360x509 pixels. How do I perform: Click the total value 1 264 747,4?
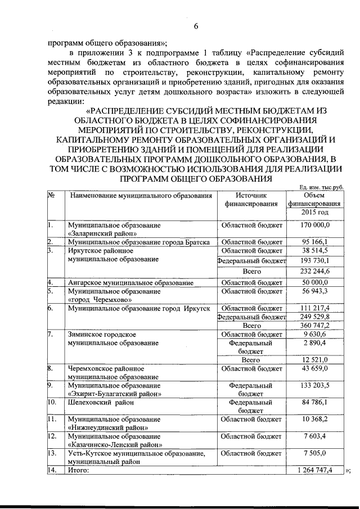(x=315, y=470)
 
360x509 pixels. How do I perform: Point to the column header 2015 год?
(x=315, y=213)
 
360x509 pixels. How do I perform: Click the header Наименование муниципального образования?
(x=141, y=196)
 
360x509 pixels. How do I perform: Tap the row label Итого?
(x=79, y=470)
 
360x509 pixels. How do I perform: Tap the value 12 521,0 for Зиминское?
(x=315, y=359)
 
